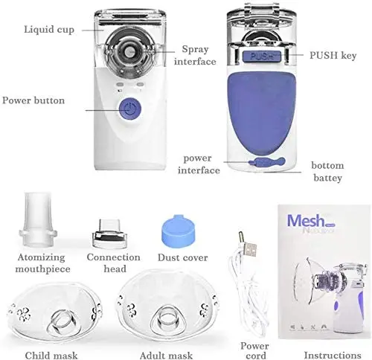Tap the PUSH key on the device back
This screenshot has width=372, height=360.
(263, 56)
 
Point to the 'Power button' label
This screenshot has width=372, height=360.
(33, 100)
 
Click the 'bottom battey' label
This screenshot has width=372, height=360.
(327, 172)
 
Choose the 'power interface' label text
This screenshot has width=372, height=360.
(199, 164)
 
